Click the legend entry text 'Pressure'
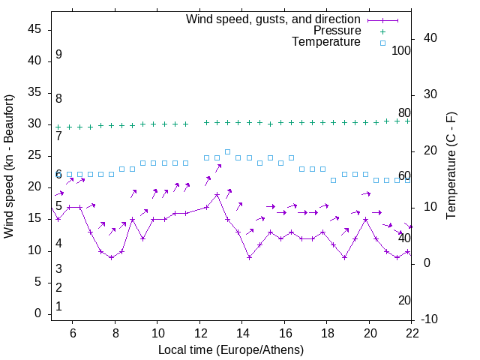[x=337, y=31]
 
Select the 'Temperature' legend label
[x=326, y=42]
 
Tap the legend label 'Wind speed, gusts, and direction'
[x=274, y=19]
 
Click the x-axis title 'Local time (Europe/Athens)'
[x=231, y=349]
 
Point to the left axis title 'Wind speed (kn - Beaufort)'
[x=9, y=166]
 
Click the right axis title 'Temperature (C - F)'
[x=451, y=166]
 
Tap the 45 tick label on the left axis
[x=34, y=29]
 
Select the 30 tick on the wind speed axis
[x=34, y=124]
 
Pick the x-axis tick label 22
[x=412, y=331]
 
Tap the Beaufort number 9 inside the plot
[x=58, y=55]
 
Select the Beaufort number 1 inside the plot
[x=58, y=307]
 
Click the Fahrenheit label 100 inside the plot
[x=401, y=51]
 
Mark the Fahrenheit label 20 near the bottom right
[x=404, y=301]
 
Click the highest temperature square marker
[x=227, y=151]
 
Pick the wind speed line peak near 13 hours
[x=217, y=195]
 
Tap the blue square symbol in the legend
[x=382, y=43]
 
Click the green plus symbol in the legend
[x=382, y=31]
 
